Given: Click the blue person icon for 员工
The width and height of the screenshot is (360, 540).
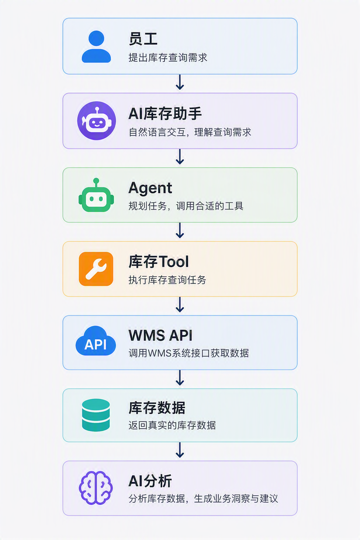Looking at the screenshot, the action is point(96,46).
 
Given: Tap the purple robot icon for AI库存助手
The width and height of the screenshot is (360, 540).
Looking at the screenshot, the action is point(96,121).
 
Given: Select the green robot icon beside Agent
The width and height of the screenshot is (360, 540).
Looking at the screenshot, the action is point(96,195).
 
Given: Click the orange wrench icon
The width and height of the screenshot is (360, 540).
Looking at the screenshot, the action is point(96,269).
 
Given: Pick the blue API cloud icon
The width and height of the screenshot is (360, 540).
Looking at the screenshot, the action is point(96,340).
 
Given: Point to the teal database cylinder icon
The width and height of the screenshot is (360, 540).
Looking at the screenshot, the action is point(96,415).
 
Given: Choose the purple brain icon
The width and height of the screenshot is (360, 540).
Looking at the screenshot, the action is point(96,488).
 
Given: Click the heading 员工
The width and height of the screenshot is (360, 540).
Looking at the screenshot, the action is point(143,39).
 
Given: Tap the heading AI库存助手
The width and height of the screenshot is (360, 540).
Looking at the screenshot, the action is point(165,114).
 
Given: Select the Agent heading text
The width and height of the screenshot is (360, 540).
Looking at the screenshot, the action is point(150,188).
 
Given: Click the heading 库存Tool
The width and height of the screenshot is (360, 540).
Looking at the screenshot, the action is point(159,262).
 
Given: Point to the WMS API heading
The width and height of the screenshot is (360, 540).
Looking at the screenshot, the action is point(161,335).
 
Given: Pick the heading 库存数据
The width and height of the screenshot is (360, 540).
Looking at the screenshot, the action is point(157,408).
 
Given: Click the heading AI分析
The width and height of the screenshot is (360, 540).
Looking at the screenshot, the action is point(150,481).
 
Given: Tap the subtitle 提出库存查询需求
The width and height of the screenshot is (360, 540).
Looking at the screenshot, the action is point(168,58).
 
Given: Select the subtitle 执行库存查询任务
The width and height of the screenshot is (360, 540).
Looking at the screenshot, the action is point(167,280).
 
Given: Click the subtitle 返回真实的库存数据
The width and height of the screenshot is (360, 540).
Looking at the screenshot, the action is point(172,425).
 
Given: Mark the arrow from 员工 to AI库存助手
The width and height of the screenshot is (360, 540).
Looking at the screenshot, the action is point(180,82).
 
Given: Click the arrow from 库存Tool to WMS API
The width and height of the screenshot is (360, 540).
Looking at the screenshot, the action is point(180,304).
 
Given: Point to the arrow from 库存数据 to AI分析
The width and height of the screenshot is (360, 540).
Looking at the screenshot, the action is point(180,450).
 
